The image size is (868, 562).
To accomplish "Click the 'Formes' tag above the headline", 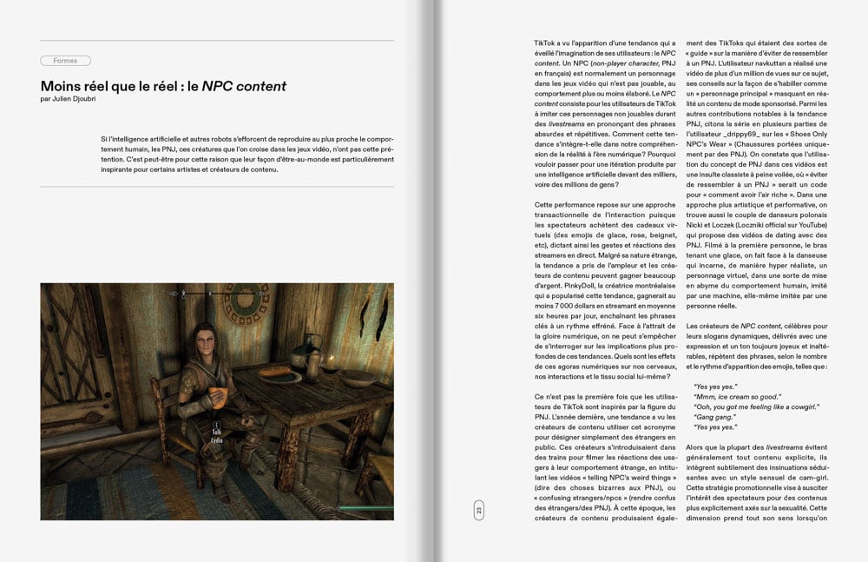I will pyautogui.click(x=65, y=61).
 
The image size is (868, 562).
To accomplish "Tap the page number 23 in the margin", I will pyautogui.click(x=477, y=511).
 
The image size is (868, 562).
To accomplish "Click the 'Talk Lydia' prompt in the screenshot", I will pyautogui.click(x=217, y=431).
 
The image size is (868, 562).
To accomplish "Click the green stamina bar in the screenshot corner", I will pyautogui.click(x=364, y=510).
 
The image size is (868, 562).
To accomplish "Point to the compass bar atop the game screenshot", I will pyautogui.click(x=216, y=294).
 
